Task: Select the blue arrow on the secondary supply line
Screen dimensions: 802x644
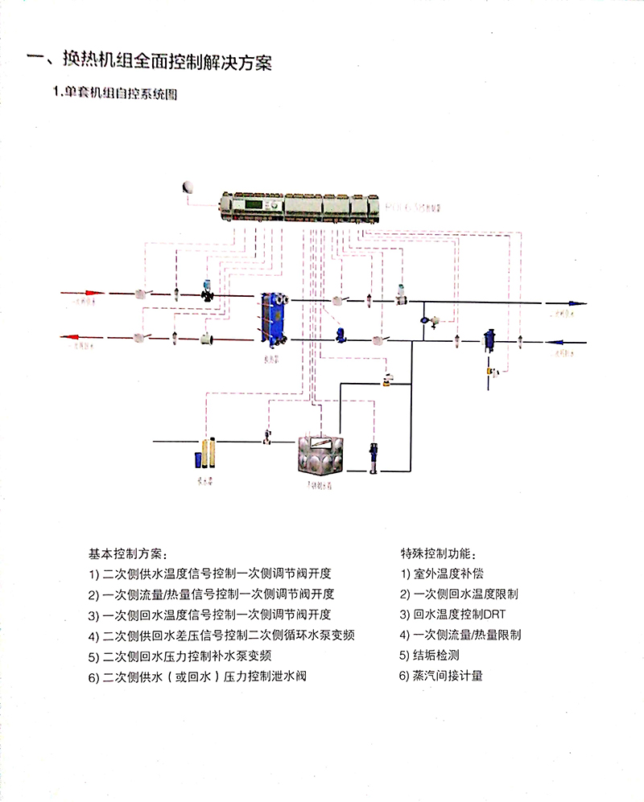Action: click(x=573, y=304)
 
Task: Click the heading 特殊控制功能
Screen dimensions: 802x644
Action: click(x=438, y=554)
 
